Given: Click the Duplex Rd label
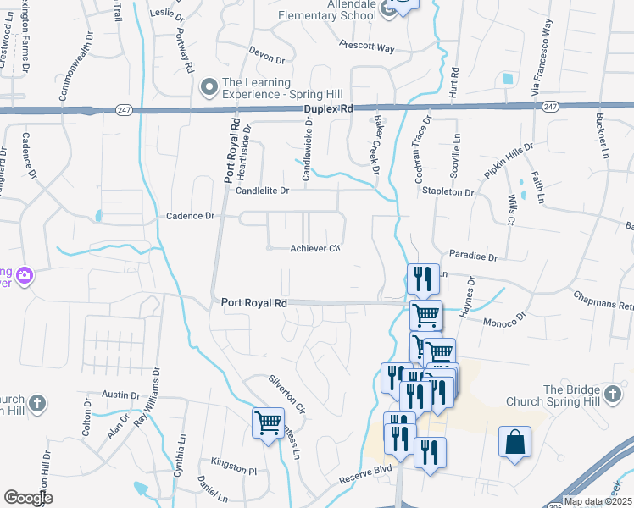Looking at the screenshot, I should point(330,110).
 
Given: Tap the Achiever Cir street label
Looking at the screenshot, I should point(315,248).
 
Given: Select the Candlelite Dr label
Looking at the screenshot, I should point(263,190).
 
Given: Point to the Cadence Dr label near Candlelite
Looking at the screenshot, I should point(190,216).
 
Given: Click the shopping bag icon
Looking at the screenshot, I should point(514,443).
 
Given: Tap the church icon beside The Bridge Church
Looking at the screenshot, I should point(613,395).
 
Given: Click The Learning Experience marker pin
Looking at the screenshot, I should point(209,87).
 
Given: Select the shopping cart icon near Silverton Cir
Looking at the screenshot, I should point(269,422).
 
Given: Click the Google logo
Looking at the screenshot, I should point(28,498).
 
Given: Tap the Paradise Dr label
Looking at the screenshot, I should point(473,254).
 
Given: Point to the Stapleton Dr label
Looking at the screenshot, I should point(448,192).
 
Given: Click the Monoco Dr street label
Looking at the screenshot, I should point(505,322).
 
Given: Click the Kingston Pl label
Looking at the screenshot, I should point(235,469).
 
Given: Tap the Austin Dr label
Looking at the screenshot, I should point(120,395).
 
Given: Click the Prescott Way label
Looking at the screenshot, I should point(367,47).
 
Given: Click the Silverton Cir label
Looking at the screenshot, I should point(286,388).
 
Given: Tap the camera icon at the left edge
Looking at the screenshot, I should point(23,275).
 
